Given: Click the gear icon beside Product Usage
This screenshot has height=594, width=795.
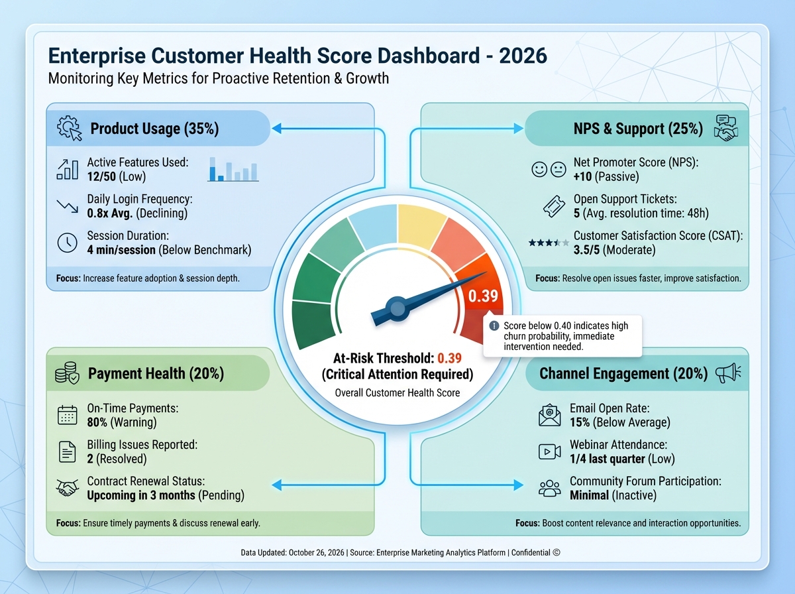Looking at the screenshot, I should pos(69,128).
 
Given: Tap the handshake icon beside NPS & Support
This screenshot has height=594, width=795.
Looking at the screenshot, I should pos(726,127).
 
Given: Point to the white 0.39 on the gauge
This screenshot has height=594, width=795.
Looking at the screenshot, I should pos(482,296).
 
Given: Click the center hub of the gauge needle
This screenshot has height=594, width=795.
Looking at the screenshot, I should pos(396,308).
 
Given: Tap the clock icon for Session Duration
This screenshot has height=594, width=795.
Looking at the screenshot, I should pos(68,243).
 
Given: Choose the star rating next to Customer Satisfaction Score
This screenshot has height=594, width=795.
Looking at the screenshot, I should pos(549,243).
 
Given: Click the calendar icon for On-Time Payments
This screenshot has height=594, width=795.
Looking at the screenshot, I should pos(68,416).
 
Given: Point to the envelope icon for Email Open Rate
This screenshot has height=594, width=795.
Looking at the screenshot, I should pos(550,416).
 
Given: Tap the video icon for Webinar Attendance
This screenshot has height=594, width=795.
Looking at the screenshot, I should pos(550,452).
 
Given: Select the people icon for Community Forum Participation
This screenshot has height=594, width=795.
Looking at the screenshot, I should pos(550,489).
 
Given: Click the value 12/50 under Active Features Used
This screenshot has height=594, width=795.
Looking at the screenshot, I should pos(103,177).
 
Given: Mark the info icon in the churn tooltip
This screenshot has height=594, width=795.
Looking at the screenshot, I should pos(494,326).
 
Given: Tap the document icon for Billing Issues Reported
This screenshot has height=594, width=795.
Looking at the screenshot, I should pos(68,452).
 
